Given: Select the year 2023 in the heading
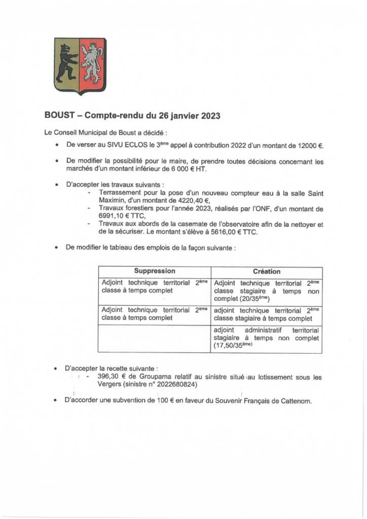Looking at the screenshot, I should tap(209, 116).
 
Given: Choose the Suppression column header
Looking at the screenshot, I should tap(155, 272).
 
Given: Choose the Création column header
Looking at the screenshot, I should tap(267, 272).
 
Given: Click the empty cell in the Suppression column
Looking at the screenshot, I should tap(154, 338).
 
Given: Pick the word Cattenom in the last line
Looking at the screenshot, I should tap(292, 400).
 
